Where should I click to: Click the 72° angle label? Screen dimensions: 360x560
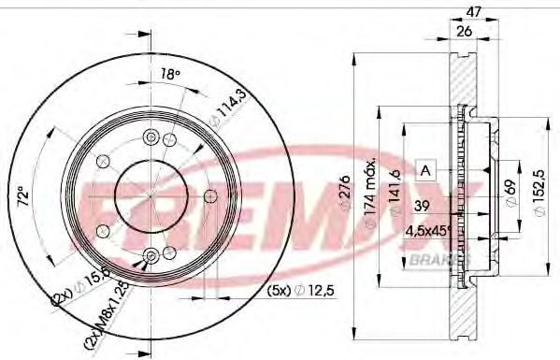(x=35, y=198)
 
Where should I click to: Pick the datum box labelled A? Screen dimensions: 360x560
(x=425, y=169)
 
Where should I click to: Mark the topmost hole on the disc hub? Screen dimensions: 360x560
(x=151, y=137)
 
